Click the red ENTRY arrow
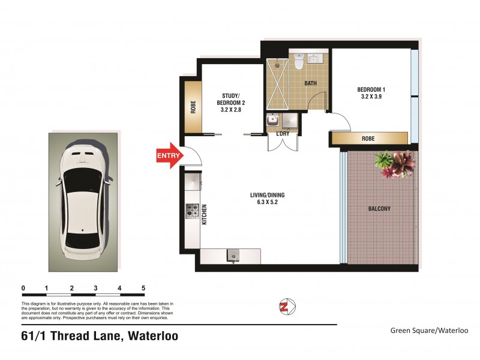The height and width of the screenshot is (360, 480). pyautogui.click(x=169, y=155)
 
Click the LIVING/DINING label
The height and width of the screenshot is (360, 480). pyautogui.click(x=268, y=199)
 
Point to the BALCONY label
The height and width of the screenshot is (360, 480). pyautogui.click(x=379, y=209)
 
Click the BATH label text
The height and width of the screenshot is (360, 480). pyautogui.click(x=310, y=83)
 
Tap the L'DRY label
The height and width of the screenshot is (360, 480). pyautogui.click(x=283, y=134)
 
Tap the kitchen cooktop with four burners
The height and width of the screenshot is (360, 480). pyautogui.click(x=192, y=211)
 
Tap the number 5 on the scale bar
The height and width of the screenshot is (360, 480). pyautogui.click(x=143, y=288)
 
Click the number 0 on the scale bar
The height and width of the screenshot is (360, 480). pyautogui.click(x=23, y=288)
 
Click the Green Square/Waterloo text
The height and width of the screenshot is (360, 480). pyautogui.click(x=428, y=330)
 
